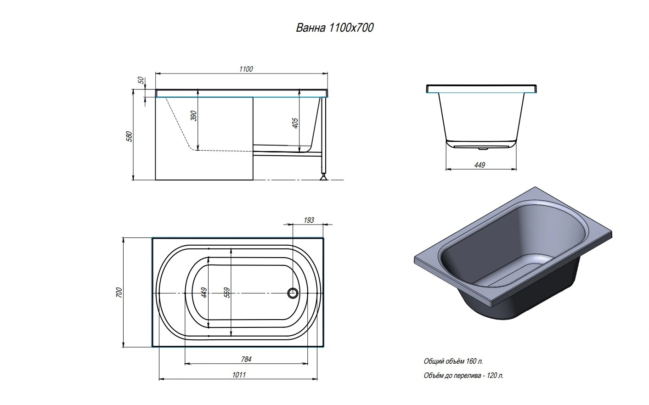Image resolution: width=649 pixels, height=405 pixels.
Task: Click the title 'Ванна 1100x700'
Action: (335, 28)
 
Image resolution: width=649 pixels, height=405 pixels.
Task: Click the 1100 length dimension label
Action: (246, 69)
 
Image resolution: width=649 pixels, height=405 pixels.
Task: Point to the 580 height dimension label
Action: (130, 136)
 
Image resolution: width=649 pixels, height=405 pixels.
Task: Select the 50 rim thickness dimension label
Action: (141, 80)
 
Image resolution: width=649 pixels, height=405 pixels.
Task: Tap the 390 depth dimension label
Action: (194, 116)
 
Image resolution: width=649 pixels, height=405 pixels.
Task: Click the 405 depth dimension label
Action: (295, 123)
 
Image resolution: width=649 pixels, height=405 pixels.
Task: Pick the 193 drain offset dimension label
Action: (309, 220)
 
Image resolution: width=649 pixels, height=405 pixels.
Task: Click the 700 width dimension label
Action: (119, 292)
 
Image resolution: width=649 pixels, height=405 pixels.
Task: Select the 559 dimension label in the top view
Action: (227, 292)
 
